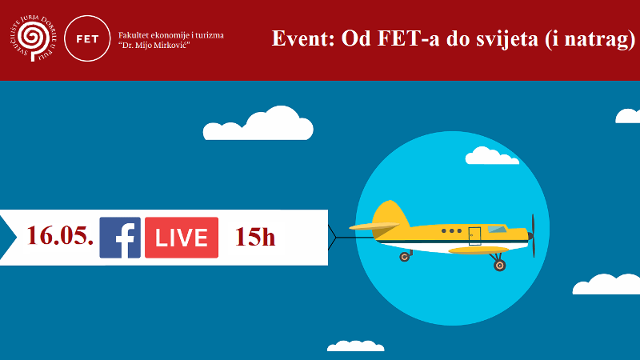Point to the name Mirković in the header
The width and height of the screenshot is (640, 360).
(x=178, y=45)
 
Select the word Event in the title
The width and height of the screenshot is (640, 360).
(x=301, y=39)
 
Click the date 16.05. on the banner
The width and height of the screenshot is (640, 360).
(x=60, y=236)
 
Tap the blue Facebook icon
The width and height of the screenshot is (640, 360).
(x=120, y=238)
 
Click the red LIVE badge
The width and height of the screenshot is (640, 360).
(x=182, y=238)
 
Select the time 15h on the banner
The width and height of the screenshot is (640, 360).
(x=255, y=237)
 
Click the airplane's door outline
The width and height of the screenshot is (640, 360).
(x=474, y=235)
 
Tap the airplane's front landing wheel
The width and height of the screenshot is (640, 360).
(x=499, y=264)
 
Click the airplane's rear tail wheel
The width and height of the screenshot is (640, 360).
(x=405, y=257)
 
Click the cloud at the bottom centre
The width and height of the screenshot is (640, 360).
(x=356, y=346)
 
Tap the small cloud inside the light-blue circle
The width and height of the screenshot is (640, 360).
(x=491, y=156)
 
